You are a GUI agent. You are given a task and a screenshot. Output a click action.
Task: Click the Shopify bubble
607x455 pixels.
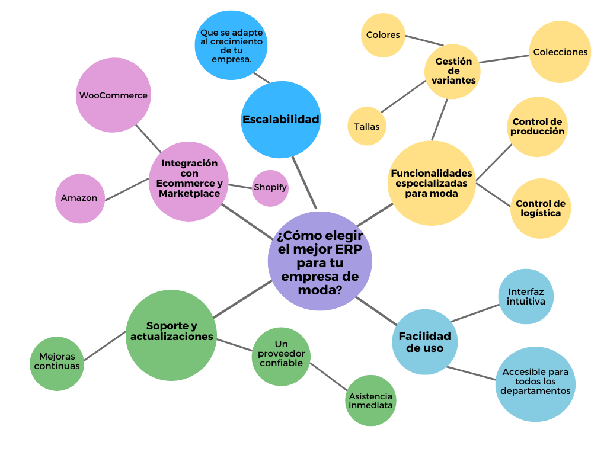pos(270,188)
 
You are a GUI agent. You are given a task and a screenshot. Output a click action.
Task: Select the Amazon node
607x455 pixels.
pos(79,198)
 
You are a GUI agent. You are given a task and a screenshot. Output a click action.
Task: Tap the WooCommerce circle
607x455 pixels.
pos(113,95)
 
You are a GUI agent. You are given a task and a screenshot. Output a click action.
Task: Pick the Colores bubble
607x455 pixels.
pos(383,35)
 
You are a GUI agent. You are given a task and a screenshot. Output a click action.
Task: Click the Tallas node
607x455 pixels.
pos(367,126)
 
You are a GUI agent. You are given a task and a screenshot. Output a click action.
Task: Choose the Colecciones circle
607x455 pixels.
pos(560,52)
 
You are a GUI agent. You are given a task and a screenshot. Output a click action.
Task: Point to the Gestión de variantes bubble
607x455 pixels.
pos(453,71)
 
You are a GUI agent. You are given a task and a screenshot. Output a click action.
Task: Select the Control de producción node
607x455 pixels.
pos(538,126)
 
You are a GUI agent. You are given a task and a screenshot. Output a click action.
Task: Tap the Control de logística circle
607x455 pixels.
pos(540,208)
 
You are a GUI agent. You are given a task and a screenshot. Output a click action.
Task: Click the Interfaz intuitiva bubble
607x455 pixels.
pos(526,297)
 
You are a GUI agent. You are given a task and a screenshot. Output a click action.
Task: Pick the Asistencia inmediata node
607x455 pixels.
pos(370,400)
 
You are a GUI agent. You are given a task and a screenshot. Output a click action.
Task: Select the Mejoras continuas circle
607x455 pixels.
pos(57,361)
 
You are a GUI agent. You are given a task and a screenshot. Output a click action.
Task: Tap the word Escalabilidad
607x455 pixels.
pos(280,120)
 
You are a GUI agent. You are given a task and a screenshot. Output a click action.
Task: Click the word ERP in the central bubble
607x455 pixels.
pos(346,248)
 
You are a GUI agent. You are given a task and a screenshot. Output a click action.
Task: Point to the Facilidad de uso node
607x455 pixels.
pos(424,342)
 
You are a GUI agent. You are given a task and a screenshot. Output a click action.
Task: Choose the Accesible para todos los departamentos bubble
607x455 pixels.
pos(535,382)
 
